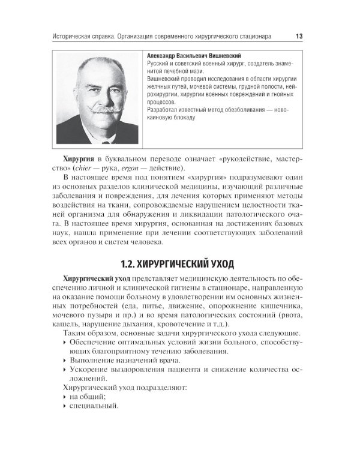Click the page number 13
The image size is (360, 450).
point(298,37)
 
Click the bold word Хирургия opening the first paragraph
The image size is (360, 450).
point(78,158)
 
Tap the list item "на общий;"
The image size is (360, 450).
point(88,397)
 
